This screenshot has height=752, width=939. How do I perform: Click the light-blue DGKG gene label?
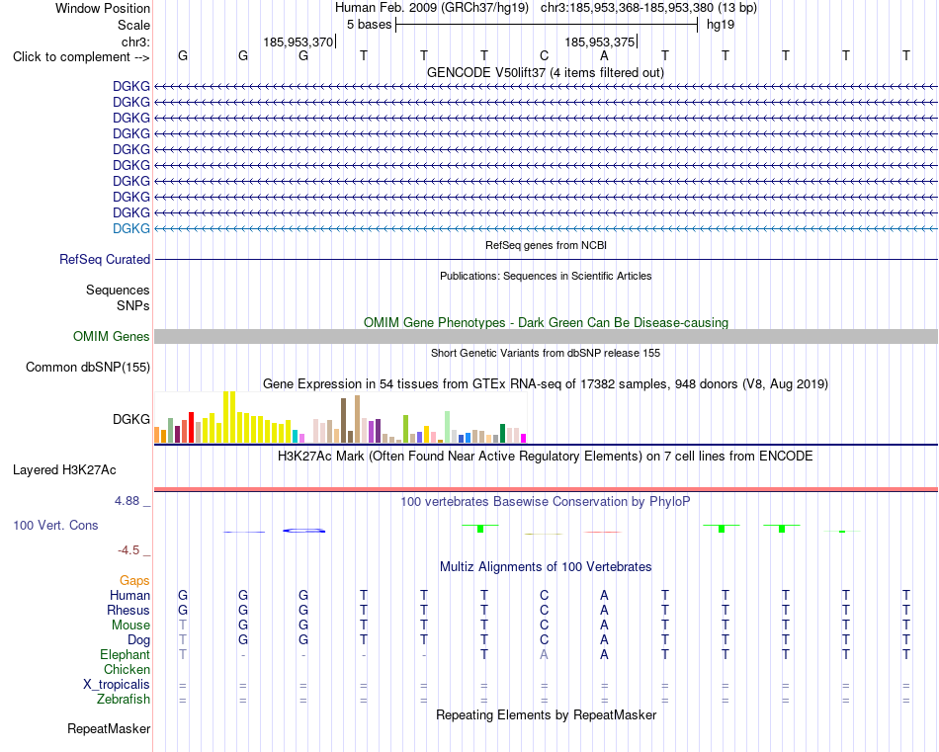pyautogui.click(x=131, y=228)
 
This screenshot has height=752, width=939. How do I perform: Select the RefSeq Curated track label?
pyautogui.click(x=105, y=259)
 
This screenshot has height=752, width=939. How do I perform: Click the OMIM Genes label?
pyautogui.click(x=112, y=337)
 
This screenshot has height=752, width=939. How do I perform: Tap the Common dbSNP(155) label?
pyautogui.click(x=88, y=367)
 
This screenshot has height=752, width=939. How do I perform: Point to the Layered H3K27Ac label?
pyautogui.click(x=64, y=470)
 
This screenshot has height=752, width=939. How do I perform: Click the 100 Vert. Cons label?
pyautogui.click(x=55, y=525)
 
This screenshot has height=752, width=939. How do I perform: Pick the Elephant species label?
pyautogui.click(x=126, y=654)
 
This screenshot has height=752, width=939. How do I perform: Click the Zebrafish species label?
pyautogui.click(x=124, y=700)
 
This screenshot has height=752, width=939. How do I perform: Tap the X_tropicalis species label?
pyautogui.click(x=117, y=685)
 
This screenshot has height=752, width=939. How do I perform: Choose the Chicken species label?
pyautogui.click(x=127, y=669)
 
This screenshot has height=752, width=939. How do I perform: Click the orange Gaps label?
pyautogui.click(x=134, y=580)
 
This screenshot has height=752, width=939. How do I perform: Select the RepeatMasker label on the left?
pyautogui.click(x=109, y=728)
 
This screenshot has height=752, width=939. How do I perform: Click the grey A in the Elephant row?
pyautogui.click(x=544, y=654)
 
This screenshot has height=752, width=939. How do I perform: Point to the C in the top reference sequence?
pyautogui.click(x=544, y=55)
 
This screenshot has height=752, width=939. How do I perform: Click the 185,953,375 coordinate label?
pyautogui.click(x=599, y=42)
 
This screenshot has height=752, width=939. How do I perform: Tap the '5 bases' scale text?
pyautogui.click(x=369, y=25)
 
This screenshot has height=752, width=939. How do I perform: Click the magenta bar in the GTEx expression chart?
pyautogui.click(x=523, y=439)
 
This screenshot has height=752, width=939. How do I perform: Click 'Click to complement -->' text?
pyautogui.click(x=81, y=57)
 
